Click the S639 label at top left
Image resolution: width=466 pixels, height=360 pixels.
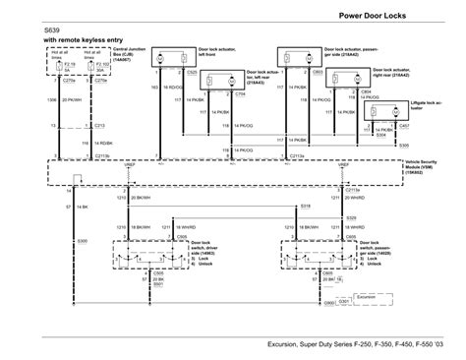pyautogui.click(x=53, y=31)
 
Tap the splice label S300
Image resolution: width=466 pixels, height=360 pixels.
pyautogui.click(x=54, y=240)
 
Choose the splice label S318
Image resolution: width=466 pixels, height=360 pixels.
pyautogui.click(x=305, y=206)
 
